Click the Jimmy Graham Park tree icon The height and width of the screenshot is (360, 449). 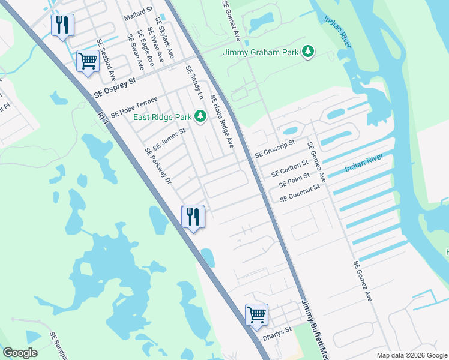click(x=308, y=53)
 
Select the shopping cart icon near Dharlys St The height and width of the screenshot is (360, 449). click(x=256, y=314)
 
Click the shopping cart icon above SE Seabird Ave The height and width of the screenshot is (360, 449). click(x=88, y=61)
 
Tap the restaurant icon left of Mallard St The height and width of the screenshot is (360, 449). click(x=62, y=25)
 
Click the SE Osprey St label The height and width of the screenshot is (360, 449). click(x=115, y=88)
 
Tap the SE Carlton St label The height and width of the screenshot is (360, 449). click(x=289, y=168)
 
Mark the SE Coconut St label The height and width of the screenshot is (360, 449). click(x=298, y=193)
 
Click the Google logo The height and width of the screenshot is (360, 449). click(x=20, y=352)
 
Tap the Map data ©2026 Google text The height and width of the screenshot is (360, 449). click(x=412, y=355)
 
